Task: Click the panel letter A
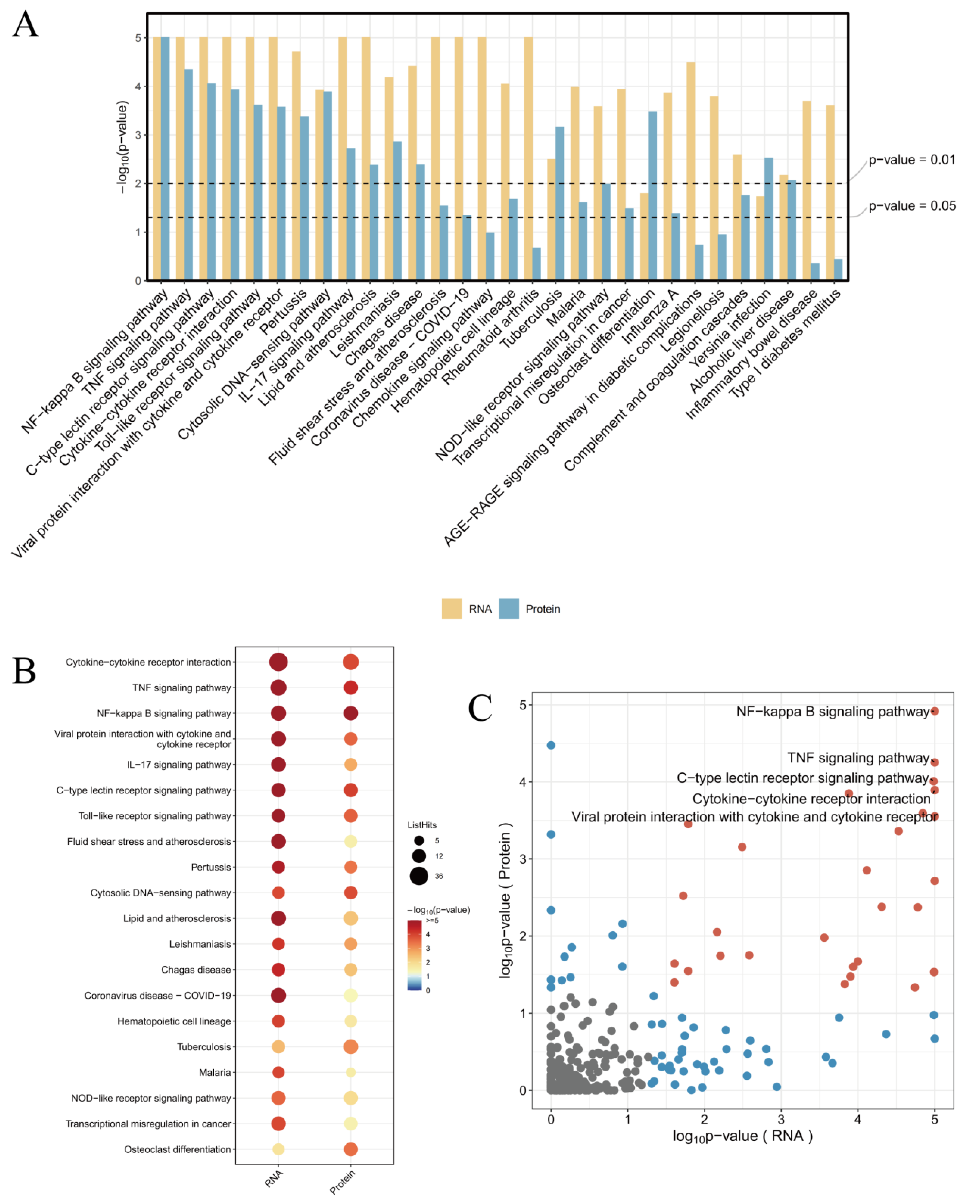26,25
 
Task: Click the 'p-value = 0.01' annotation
911,160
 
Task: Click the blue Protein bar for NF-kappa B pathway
165,159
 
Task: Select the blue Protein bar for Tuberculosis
559,203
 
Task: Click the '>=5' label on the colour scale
432,920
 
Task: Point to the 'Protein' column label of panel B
343,1182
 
